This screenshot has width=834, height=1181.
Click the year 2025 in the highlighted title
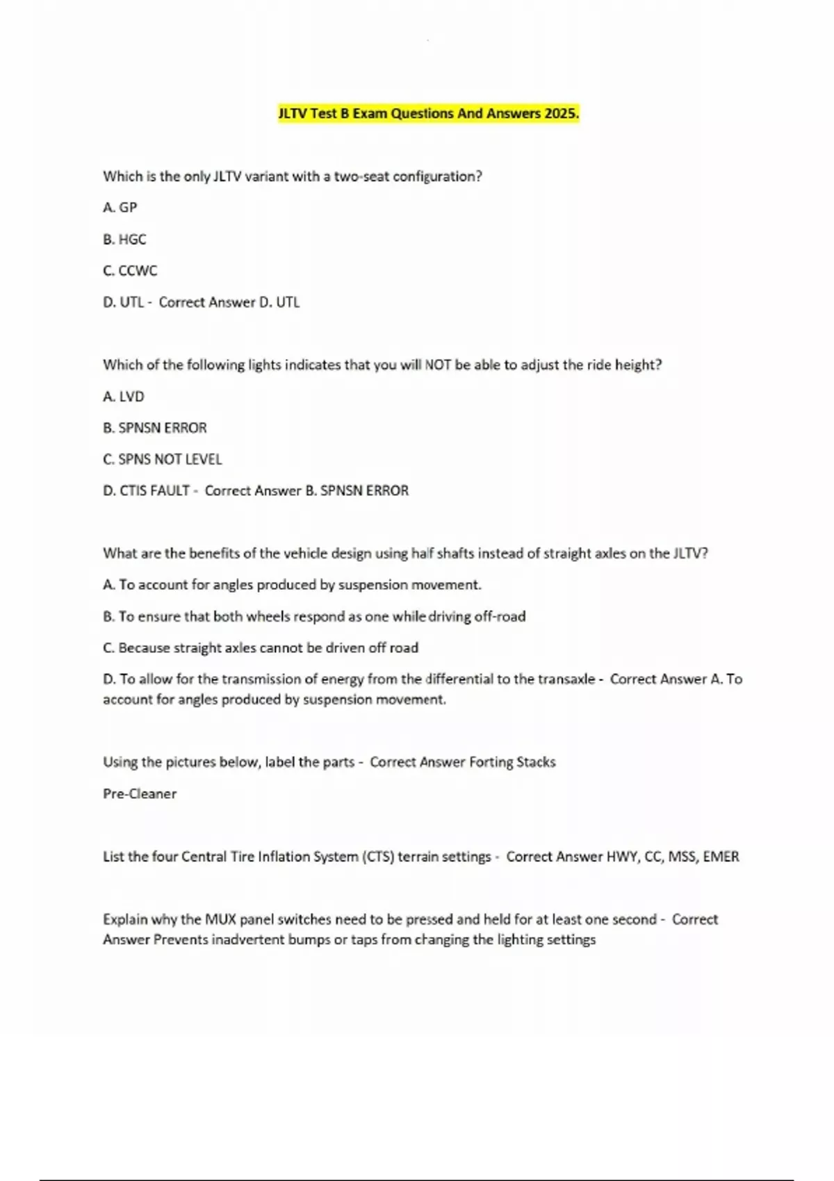(x=562, y=113)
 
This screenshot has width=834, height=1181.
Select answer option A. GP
(x=120, y=207)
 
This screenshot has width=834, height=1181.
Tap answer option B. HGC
(x=124, y=239)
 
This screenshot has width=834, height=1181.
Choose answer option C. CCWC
(x=130, y=270)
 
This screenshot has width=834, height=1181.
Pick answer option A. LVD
(x=124, y=396)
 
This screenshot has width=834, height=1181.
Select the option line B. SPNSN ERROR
(x=155, y=428)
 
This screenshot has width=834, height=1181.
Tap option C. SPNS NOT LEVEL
(x=163, y=459)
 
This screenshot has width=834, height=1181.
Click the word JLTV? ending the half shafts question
(x=690, y=554)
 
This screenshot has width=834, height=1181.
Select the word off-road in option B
(x=500, y=616)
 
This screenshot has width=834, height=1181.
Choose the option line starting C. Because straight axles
(x=261, y=647)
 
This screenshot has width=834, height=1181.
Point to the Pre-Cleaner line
(x=140, y=793)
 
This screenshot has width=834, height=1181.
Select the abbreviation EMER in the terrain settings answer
(x=721, y=857)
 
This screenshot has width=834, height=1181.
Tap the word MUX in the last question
(x=220, y=919)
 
